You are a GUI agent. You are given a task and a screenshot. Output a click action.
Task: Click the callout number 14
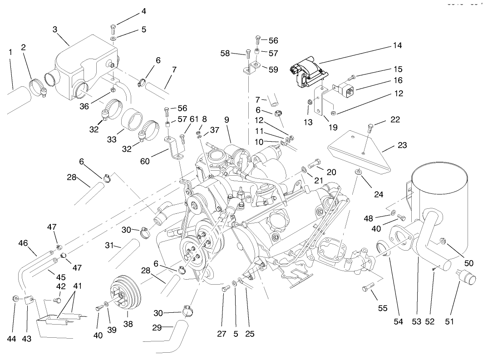pos(397,46)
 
